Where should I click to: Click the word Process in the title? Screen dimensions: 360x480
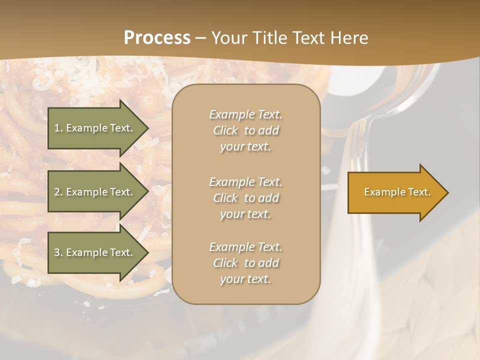(157, 38)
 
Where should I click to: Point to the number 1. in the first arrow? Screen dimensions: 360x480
(58, 128)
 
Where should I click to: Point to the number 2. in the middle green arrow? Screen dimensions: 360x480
(58, 192)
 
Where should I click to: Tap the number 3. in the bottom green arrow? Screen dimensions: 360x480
(58, 253)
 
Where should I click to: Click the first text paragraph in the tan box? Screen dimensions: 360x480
(245, 130)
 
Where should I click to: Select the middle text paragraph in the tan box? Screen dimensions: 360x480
(245, 198)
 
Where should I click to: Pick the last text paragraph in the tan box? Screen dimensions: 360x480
(245, 263)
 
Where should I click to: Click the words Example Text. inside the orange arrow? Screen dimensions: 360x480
(397, 192)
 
